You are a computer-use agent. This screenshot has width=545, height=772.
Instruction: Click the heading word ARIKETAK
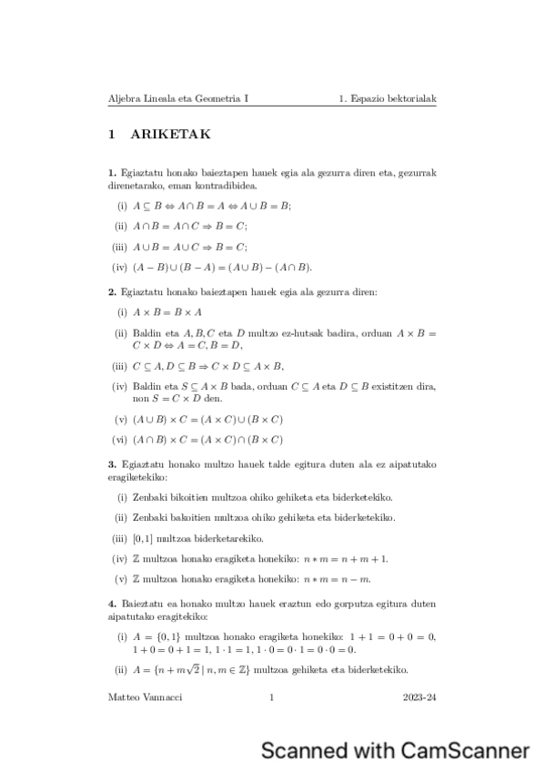pos(171,135)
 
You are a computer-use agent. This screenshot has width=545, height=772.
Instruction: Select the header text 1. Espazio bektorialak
pos(387,96)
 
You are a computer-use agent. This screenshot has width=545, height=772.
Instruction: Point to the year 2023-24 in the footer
pos(419,697)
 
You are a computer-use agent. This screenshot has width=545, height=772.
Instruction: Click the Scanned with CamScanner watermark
pos(395,750)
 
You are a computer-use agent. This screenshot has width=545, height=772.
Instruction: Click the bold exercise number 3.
pos(111,464)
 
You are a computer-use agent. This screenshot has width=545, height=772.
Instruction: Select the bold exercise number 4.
pos(111,604)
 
